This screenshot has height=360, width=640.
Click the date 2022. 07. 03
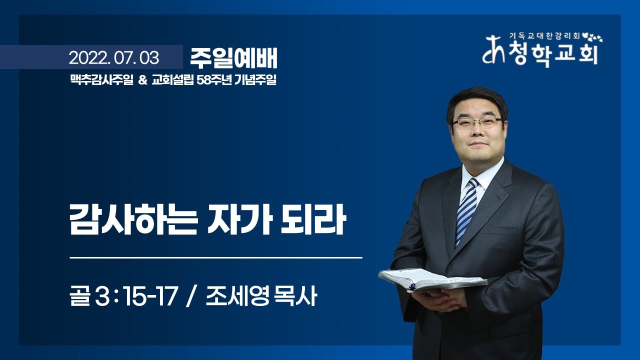[113, 58]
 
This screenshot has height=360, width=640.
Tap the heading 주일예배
[233, 58]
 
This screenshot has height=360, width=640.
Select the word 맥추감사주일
[101, 79]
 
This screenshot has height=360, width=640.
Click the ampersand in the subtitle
[142, 80]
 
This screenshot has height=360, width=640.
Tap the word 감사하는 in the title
[133, 219]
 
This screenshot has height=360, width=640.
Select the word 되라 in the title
[313, 219]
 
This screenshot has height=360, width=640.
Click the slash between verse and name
[191, 296]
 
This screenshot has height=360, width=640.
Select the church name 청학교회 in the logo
[553, 53]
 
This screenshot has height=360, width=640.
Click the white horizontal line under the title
[216, 257]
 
